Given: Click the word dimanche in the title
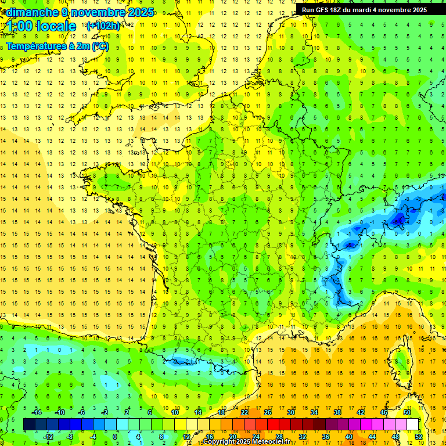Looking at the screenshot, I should click(31, 12).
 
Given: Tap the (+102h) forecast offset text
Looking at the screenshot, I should click(103, 26).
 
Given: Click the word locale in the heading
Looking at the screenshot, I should click(56, 26).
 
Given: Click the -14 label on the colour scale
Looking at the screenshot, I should click(37, 412).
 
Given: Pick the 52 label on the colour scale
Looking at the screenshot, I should click(419, 436).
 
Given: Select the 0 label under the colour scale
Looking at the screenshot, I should click(115, 436).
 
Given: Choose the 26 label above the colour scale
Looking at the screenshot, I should click(268, 412).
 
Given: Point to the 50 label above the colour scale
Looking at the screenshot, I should click(407, 412).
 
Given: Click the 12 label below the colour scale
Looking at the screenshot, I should click(186, 436).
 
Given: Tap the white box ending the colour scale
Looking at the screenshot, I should click(413, 425).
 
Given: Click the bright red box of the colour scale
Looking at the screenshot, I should click(274, 425).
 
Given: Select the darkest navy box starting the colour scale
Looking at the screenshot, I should click(30, 425).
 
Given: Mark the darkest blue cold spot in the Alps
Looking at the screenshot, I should click(399, 220).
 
